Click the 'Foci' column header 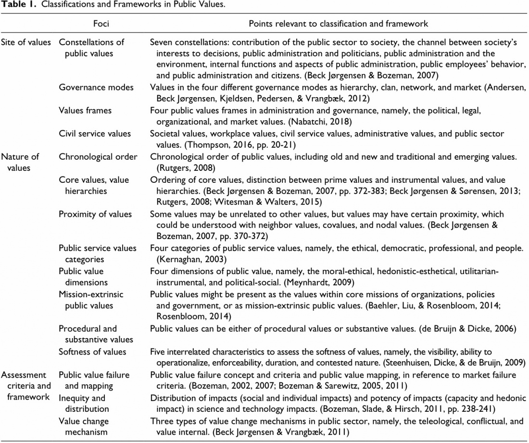point(102,24)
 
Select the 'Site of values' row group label point(25,42)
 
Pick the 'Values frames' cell point(85,110)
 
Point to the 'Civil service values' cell point(95,133)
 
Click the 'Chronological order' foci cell point(98,156)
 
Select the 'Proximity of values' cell point(95,214)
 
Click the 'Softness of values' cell point(92,352)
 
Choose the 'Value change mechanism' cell point(84,426)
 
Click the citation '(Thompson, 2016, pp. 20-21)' point(228,145)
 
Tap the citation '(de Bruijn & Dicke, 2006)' point(468,329)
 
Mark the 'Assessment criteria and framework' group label point(25,386)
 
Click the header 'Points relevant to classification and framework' point(338,24)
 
